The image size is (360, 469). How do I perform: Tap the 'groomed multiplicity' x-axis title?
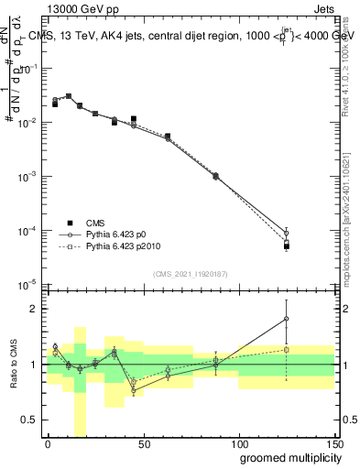286,456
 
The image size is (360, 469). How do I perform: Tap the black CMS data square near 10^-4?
287,246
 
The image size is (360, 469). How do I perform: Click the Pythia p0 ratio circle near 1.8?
287,319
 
